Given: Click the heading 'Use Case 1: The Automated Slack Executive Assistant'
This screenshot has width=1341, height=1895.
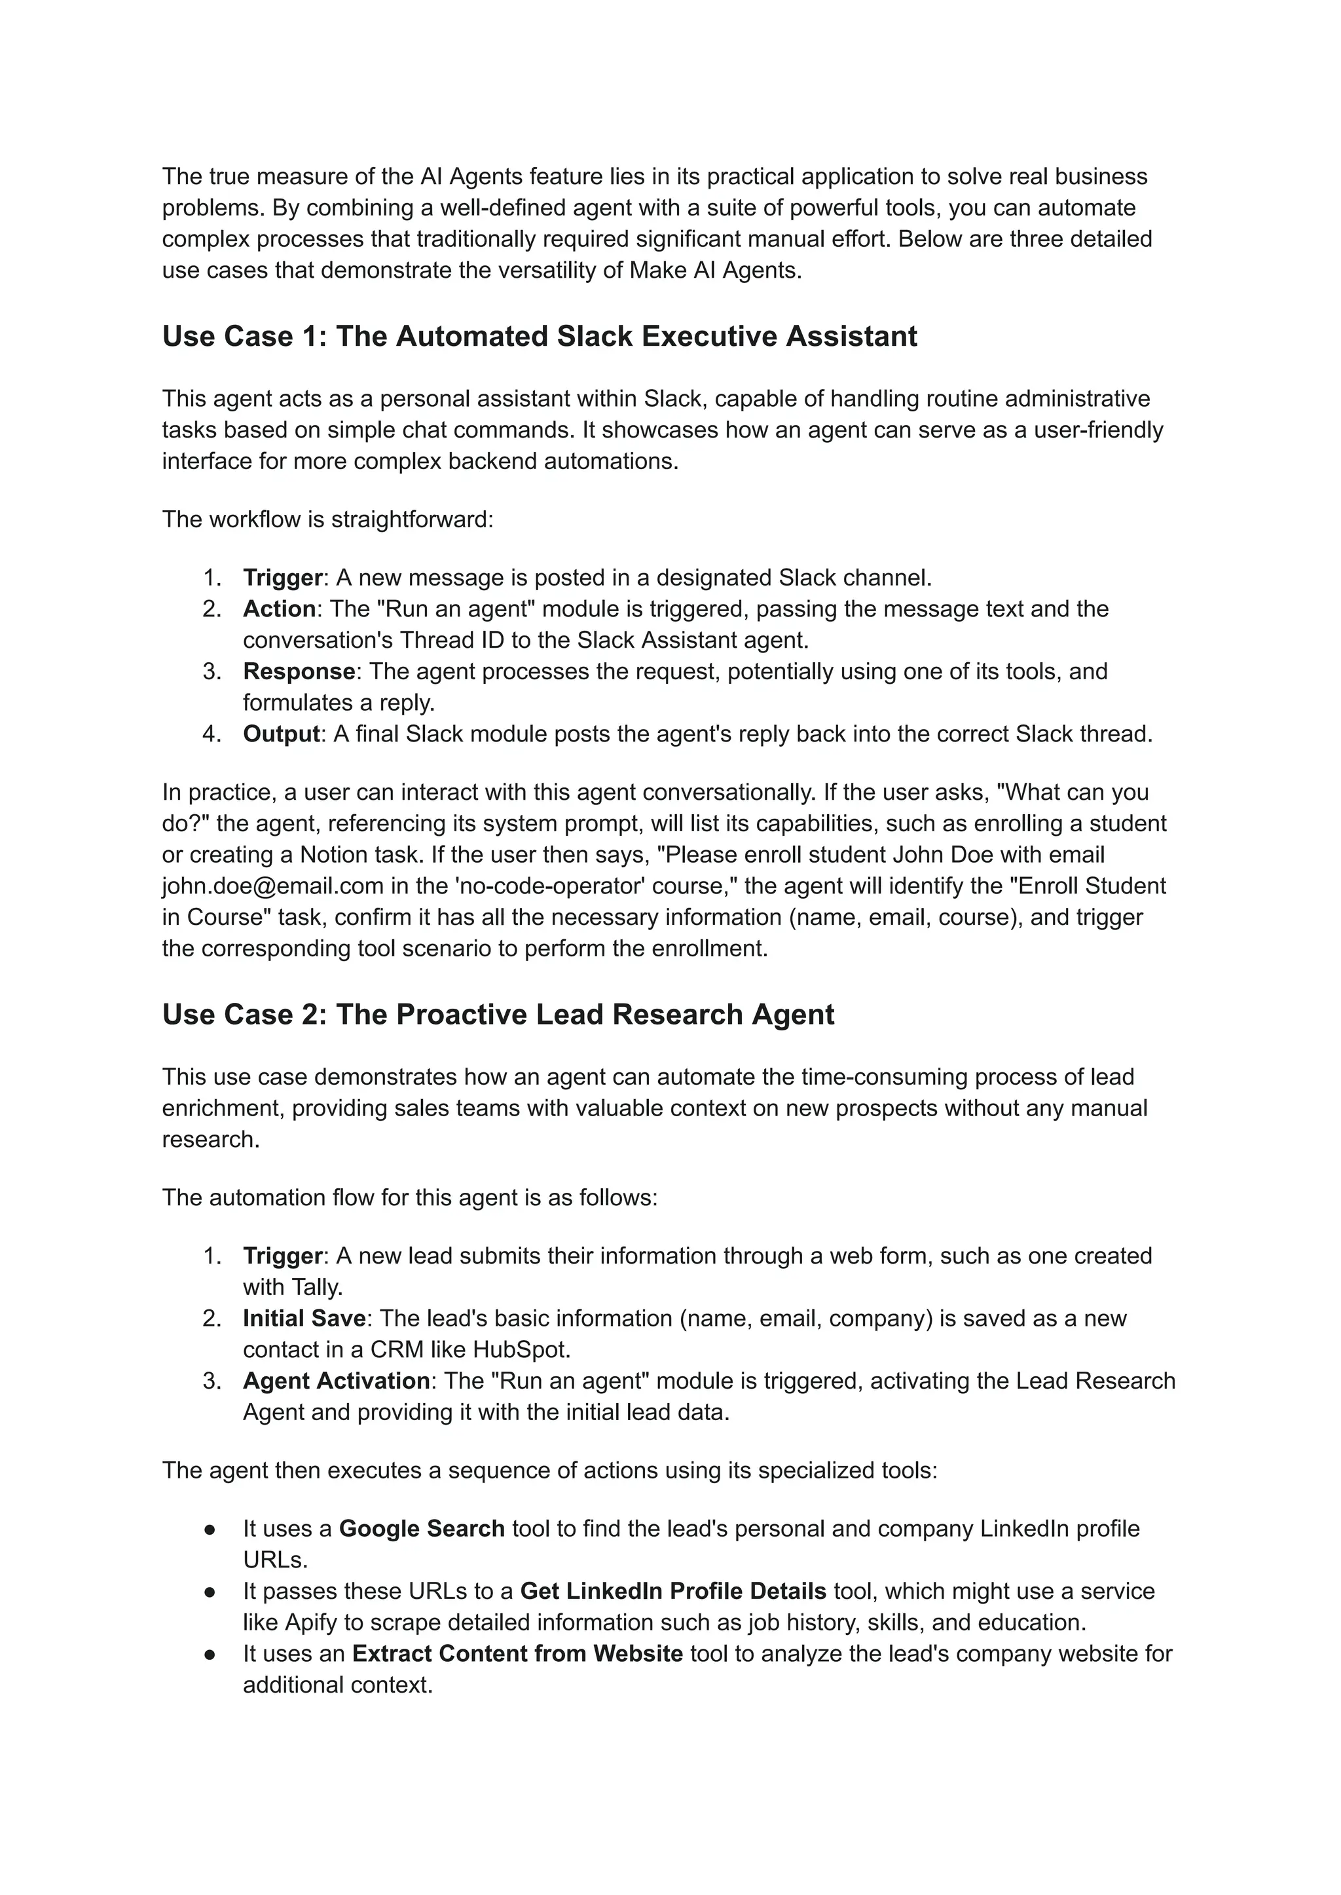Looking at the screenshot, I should [539, 336].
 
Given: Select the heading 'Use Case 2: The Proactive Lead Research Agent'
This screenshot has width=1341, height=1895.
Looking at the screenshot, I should [498, 1015].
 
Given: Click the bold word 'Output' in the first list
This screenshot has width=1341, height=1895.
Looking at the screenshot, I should [281, 734].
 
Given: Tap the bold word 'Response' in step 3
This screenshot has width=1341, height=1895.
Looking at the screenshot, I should [298, 671].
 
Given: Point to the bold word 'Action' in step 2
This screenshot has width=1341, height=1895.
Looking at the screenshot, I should [279, 609].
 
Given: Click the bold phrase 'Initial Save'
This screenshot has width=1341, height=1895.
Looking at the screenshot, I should [304, 1319].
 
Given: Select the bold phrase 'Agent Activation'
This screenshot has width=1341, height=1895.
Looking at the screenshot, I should [336, 1381].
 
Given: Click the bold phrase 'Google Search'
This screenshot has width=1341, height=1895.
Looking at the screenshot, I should [421, 1528].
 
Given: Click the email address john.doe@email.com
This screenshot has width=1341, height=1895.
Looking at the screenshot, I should [272, 886].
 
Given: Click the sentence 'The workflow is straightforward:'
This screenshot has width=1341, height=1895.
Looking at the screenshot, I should [327, 519].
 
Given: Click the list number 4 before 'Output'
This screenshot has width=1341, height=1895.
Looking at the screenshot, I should [211, 734].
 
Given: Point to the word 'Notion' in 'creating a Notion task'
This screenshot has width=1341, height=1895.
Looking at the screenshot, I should [333, 854].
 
